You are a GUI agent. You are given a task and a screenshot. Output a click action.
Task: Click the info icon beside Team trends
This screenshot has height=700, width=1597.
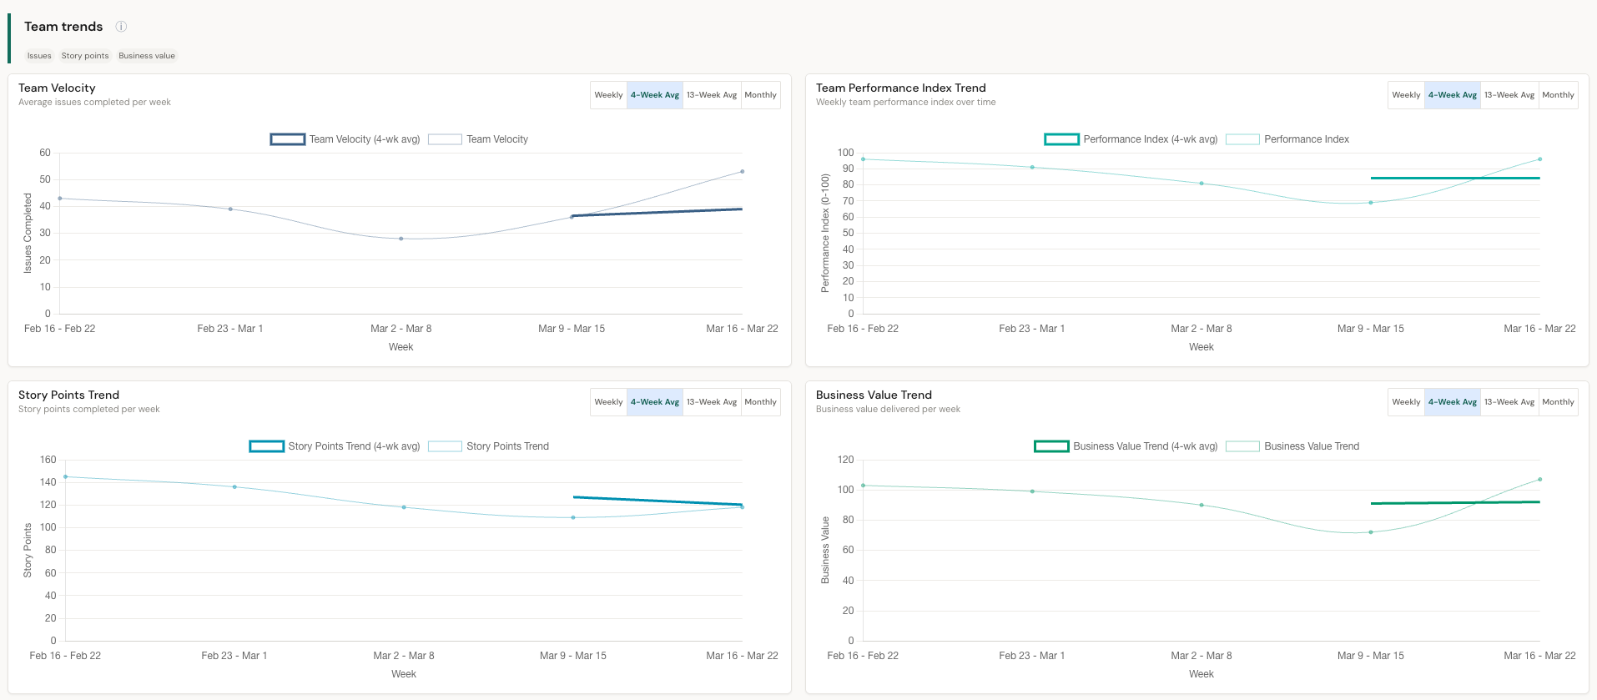[x=121, y=27]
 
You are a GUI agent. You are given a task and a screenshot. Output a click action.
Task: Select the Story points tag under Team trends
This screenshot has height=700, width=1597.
[x=85, y=56]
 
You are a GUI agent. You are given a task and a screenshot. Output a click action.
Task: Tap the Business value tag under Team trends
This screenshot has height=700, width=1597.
[x=147, y=56]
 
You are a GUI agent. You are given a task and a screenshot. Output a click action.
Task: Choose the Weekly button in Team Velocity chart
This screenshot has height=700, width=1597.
[x=608, y=95]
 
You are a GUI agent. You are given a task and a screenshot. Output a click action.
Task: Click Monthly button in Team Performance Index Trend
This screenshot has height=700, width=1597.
[x=1558, y=95]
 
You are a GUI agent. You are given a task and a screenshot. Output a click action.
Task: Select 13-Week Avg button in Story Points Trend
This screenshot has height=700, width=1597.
[x=712, y=402]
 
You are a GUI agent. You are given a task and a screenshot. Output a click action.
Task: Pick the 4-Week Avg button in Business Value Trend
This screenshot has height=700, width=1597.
[x=1452, y=402]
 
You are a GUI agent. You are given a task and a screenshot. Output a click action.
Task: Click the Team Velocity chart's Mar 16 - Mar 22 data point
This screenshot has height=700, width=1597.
[x=742, y=172]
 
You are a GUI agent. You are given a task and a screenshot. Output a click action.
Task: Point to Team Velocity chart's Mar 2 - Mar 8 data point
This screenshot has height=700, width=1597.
[x=401, y=239]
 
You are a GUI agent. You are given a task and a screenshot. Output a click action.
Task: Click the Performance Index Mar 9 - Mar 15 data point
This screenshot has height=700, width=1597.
[x=1370, y=203]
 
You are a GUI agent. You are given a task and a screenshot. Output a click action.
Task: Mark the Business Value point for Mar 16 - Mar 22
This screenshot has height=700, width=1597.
[x=1539, y=480]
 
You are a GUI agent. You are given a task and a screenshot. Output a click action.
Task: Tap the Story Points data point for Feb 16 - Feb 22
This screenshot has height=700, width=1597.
[x=66, y=477]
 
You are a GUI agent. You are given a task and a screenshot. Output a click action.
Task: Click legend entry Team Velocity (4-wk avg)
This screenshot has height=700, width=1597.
[x=345, y=139]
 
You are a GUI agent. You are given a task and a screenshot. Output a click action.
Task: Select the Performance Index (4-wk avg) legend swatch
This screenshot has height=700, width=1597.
[x=1062, y=139]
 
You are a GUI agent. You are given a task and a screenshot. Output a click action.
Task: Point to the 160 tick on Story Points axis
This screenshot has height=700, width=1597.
[x=48, y=460]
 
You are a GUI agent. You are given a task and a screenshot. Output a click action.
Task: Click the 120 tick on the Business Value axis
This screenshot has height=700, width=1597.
[x=845, y=460]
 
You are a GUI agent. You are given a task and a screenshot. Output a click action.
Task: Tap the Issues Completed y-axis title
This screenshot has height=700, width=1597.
[x=28, y=233]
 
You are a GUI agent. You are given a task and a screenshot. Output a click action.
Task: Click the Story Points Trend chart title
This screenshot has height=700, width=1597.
[x=68, y=395]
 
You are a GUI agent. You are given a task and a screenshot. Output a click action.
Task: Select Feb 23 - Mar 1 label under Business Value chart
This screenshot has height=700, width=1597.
[x=1031, y=656]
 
